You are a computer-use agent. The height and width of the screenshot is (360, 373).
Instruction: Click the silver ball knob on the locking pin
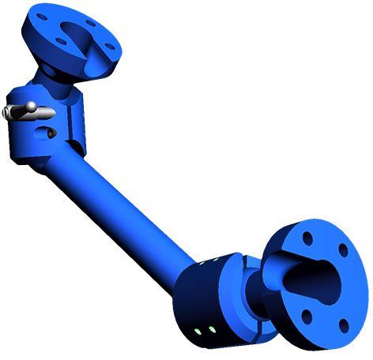tap(28, 106)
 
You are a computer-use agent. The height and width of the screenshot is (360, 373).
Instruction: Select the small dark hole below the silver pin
tap(51, 134)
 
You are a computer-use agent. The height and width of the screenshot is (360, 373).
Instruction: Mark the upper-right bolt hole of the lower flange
tap(343, 250)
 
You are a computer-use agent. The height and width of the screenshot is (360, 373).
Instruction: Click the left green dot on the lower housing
tap(198, 329)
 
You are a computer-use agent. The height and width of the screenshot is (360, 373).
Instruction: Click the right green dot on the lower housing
tap(212, 329)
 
